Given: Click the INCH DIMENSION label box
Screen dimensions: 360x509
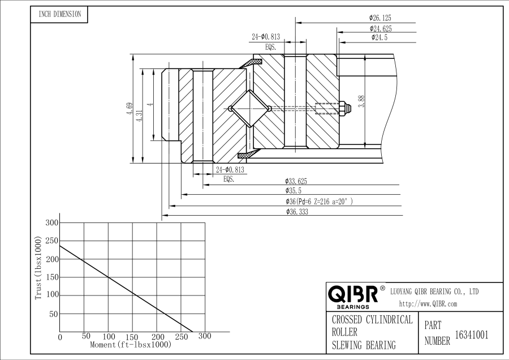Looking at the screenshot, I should click(x=59, y=15).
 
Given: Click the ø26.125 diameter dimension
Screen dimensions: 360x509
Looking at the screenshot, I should click(x=380, y=19).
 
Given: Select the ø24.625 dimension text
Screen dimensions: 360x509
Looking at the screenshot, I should click(x=381, y=28).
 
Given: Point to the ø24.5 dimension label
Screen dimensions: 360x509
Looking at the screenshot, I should click(x=379, y=37).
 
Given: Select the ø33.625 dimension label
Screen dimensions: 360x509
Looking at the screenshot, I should click(x=297, y=181).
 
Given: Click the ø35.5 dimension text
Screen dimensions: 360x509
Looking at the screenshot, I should click(x=295, y=191).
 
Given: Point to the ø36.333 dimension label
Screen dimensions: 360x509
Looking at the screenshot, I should click(x=297, y=212).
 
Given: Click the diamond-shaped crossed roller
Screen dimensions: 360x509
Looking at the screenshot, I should click(x=251, y=109).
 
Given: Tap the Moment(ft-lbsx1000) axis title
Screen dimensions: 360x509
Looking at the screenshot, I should click(x=131, y=344).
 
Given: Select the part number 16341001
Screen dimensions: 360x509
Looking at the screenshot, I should click(x=472, y=335).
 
